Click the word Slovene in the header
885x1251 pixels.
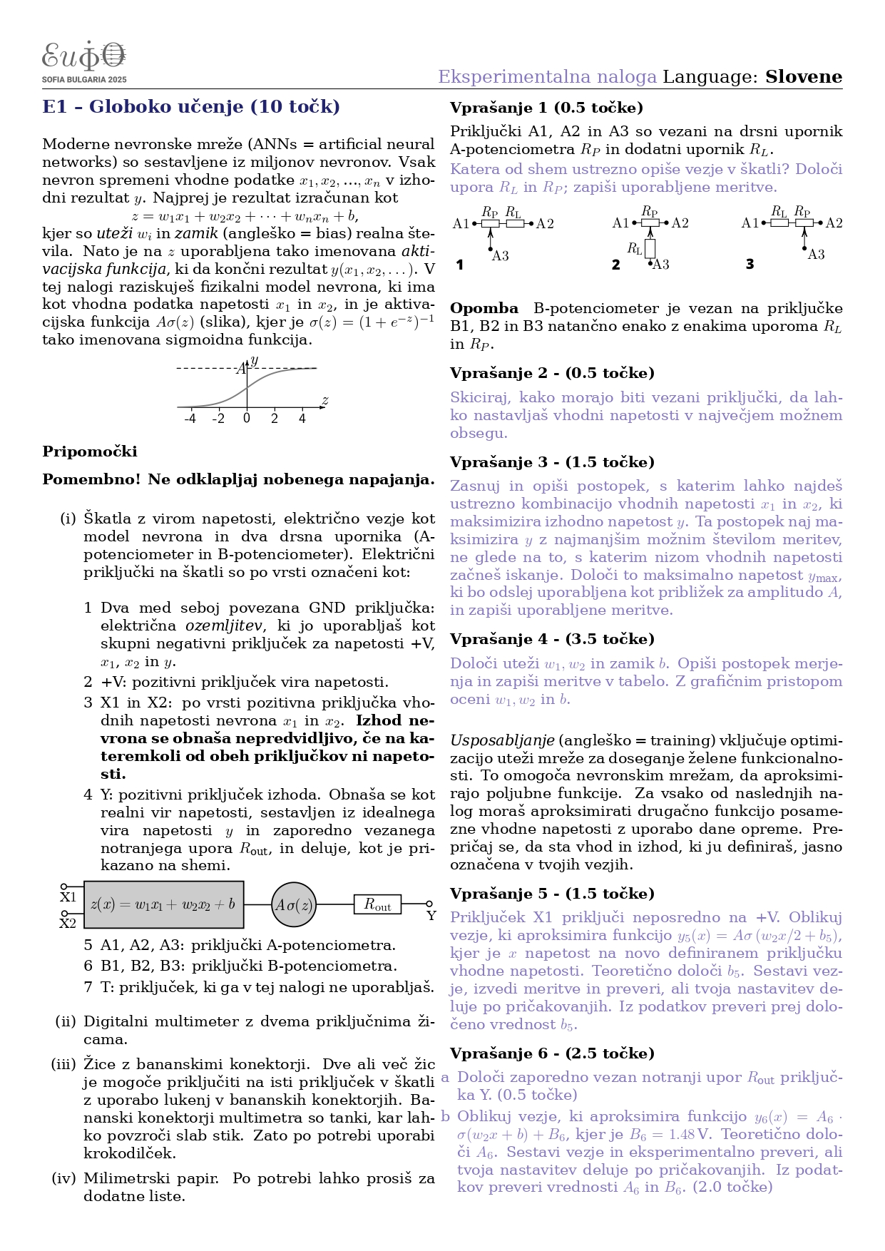[803, 77]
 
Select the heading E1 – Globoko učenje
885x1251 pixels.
[191, 107]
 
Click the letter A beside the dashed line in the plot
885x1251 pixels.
[240, 369]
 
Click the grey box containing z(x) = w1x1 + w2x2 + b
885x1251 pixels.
[163, 904]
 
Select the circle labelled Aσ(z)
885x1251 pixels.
[293, 904]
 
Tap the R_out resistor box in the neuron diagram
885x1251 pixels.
[377, 904]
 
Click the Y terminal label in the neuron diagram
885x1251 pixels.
[431, 916]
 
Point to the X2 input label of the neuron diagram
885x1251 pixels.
[68, 924]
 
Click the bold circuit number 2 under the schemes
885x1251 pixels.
[616, 265]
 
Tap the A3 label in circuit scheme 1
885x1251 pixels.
[500, 256]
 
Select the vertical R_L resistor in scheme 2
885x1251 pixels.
[650, 248]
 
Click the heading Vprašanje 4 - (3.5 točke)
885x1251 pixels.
[552, 639]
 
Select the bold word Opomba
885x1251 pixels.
[484, 309]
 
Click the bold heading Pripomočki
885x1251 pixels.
[90, 451]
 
